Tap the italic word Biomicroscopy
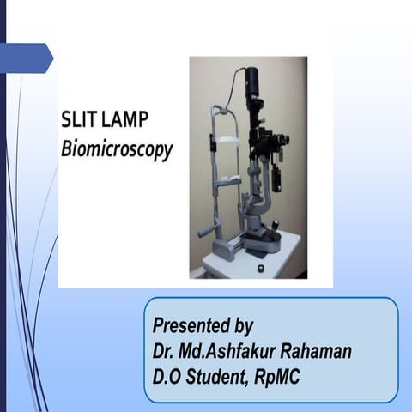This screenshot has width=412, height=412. point(117,149)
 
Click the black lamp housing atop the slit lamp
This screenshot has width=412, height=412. point(254,86)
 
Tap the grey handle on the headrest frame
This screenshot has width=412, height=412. point(205,231)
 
